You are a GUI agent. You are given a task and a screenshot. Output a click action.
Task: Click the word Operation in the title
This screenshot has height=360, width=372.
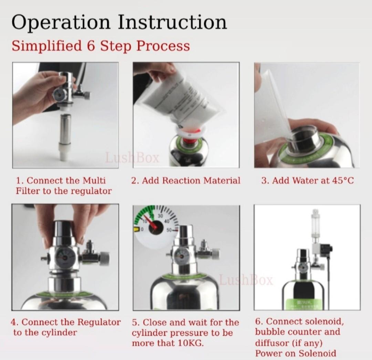61,23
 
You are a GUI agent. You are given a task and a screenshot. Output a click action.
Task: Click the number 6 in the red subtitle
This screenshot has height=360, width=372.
91,46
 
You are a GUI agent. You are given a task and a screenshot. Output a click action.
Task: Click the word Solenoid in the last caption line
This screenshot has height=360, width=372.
317,353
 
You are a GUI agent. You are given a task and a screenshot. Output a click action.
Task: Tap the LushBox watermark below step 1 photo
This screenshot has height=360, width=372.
133,158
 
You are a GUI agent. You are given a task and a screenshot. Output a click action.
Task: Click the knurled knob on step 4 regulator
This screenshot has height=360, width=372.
103,257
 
